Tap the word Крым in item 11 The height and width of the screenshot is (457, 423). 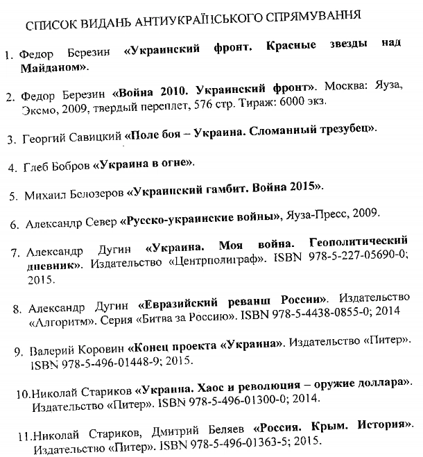tap(318, 425)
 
